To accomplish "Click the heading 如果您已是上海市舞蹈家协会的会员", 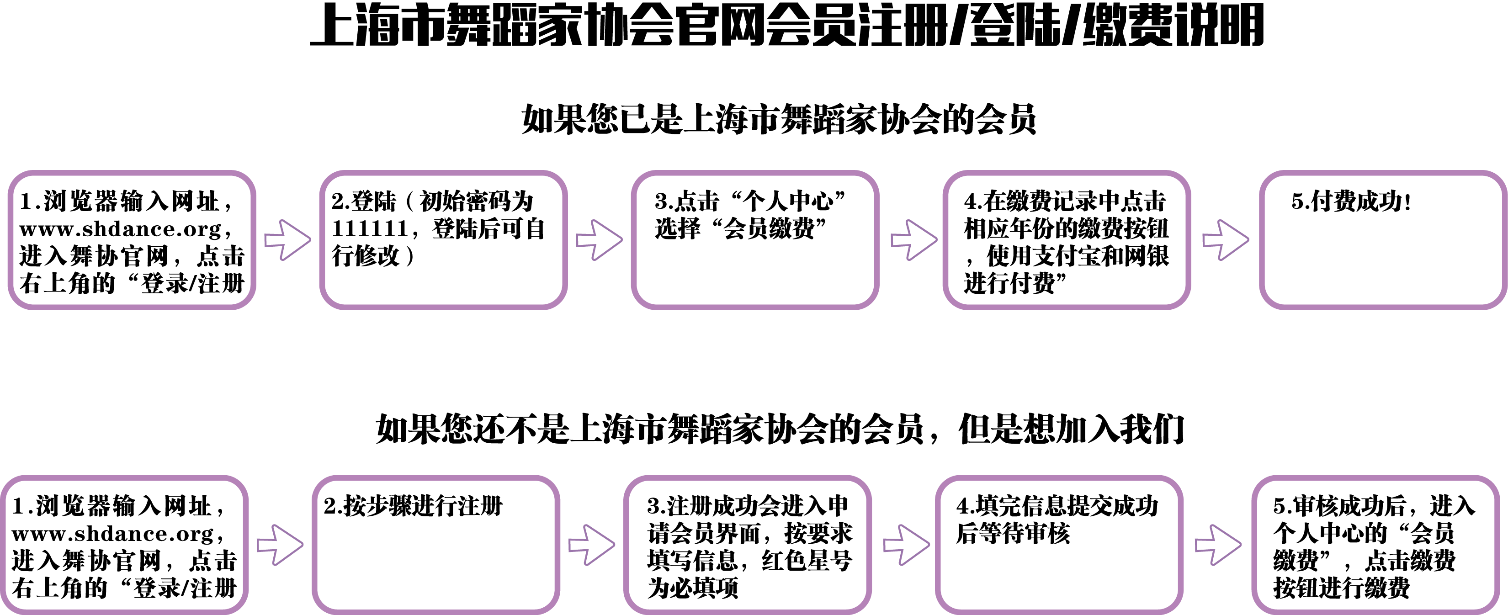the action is point(779,119).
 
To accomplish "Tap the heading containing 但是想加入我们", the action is point(780,429).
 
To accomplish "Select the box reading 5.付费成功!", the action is point(1383,240).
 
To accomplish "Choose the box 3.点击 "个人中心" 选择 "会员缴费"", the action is point(754,240).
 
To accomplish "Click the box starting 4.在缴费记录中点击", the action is point(1067,240).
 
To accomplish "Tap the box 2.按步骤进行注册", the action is point(435,545).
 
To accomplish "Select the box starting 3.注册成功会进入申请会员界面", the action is point(747,545).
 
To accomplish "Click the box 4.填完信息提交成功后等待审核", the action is point(1059,545).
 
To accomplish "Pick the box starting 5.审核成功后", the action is point(1375,545).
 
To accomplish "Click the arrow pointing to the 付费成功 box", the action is point(1225,240).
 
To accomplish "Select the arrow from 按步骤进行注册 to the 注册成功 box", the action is point(591,545).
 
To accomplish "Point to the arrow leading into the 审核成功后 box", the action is point(1218,545).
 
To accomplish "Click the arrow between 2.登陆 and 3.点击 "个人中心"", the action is point(599,240).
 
